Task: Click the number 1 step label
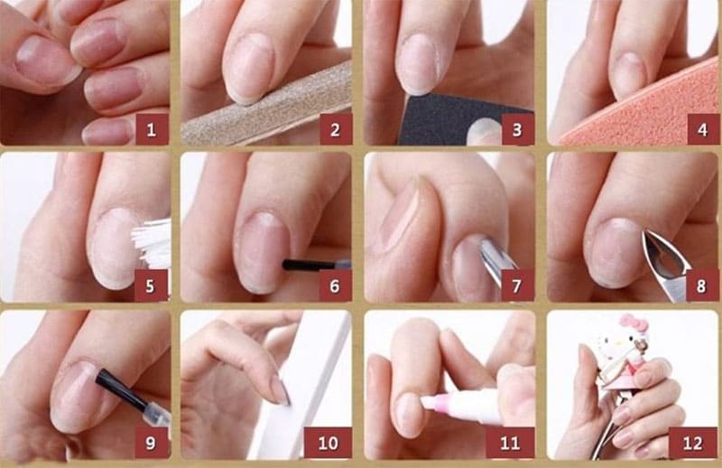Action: [152, 129]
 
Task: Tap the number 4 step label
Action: [703, 129]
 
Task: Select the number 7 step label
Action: [517, 285]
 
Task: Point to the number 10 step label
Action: [328, 443]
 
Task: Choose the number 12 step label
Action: [693, 443]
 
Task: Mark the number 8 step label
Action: [702, 285]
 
